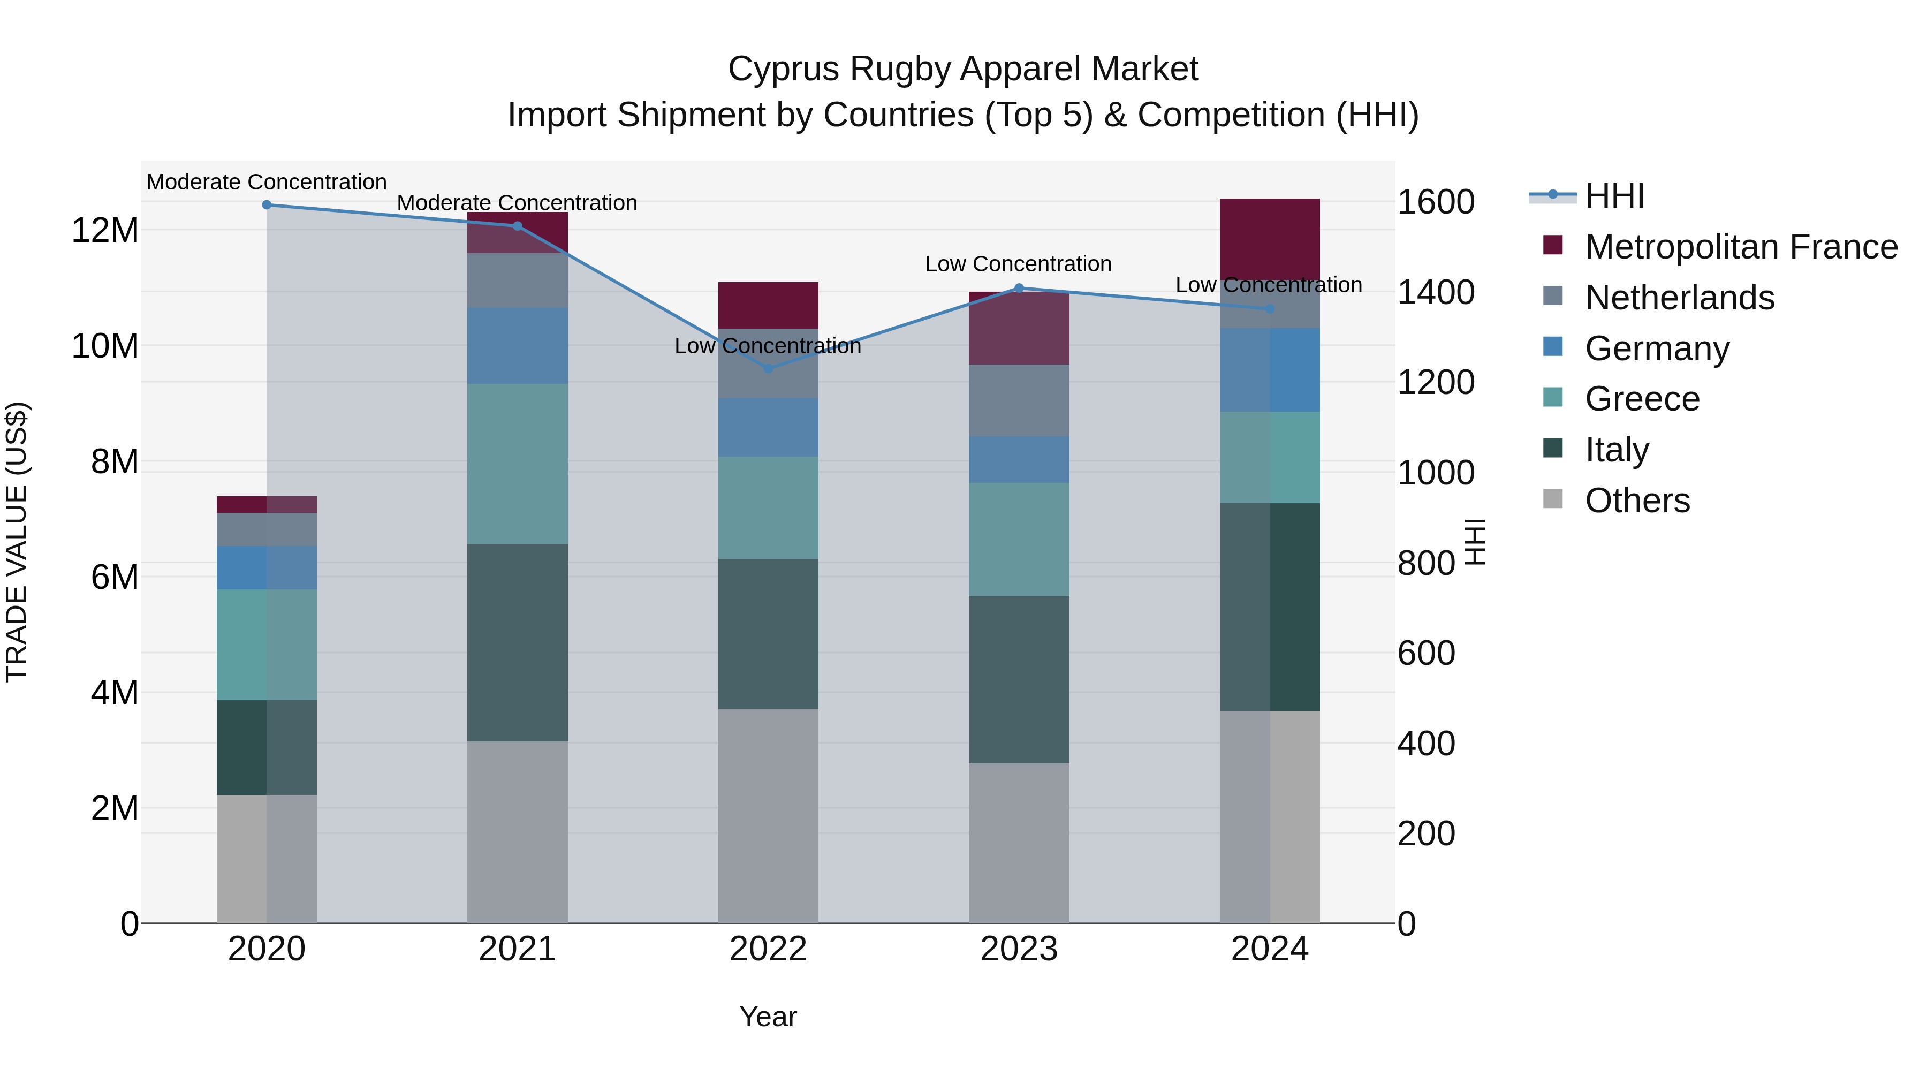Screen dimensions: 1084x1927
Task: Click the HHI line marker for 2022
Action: pyautogui.click(x=768, y=368)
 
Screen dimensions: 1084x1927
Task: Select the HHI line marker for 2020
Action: pyautogui.click(x=267, y=205)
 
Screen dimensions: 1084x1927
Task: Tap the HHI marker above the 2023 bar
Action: pyautogui.click(x=1018, y=288)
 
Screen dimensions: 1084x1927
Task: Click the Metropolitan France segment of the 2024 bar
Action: pyautogui.click(x=1270, y=239)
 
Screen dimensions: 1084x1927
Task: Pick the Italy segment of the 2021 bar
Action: pyautogui.click(x=517, y=642)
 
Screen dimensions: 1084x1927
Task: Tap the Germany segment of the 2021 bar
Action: pyautogui.click(x=517, y=346)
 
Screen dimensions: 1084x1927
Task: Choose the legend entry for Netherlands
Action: pyautogui.click(x=1679, y=298)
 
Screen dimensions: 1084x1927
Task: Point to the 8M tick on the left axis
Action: pyautogui.click(x=115, y=461)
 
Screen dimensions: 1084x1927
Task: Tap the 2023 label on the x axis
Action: pyautogui.click(x=1018, y=949)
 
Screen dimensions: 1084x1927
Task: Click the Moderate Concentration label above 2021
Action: pyautogui.click(x=517, y=203)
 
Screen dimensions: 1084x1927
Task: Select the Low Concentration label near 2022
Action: pyautogui.click(x=768, y=346)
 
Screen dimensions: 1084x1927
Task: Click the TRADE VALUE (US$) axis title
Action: pyautogui.click(x=17, y=542)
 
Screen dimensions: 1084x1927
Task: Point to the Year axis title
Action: pyautogui.click(x=768, y=1017)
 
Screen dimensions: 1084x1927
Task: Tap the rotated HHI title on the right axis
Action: pyautogui.click(x=1475, y=542)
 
